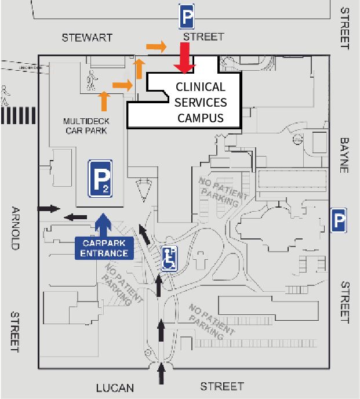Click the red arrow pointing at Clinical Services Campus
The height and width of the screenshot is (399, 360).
[x=184, y=59]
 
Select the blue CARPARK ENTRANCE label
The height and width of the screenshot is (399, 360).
[x=104, y=249]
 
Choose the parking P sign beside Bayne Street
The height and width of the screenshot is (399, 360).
[x=339, y=220]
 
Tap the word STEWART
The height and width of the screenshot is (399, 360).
[x=87, y=38]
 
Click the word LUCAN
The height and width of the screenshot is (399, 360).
[x=115, y=387]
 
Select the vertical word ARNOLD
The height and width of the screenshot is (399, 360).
[x=16, y=228]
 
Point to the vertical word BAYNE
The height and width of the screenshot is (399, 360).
[x=345, y=155]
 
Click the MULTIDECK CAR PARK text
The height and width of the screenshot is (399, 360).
[x=86, y=126]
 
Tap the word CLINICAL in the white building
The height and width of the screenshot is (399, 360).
[x=200, y=88]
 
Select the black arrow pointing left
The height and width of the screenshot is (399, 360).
[x=75, y=217]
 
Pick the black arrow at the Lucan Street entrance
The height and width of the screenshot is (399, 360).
[x=161, y=375]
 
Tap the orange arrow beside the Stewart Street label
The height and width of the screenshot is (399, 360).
[x=156, y=46]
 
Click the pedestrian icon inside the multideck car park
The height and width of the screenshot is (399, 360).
[x=90, y=77]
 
